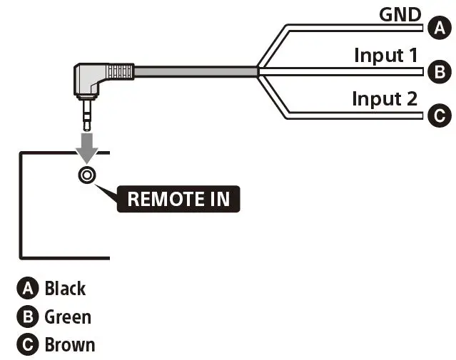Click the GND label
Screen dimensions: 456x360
point(400,14)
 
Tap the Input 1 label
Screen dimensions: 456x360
point(386,55)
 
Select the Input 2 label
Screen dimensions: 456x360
point(385,99)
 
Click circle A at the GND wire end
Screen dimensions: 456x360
point(440,28)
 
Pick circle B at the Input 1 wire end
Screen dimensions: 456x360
point(440,72)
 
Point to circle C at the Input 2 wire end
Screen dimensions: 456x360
point(440,115)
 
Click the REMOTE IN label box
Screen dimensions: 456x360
point(178,199)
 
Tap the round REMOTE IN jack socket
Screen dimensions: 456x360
point(87,175)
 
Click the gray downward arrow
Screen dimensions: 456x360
point(87,148)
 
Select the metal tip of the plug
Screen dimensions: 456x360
point(87,115)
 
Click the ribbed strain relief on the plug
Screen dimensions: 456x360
point(120,71)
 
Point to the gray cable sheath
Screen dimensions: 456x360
point(196,72)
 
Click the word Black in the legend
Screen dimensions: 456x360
point(65,289)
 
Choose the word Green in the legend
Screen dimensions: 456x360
point(68,317)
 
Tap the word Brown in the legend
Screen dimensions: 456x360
point(70,345)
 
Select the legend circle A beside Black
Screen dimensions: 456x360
point(28,288)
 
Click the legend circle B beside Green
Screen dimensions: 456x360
point(28,317)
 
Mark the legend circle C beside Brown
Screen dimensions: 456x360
point(28,344)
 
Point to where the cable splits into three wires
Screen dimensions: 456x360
point(258,71)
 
